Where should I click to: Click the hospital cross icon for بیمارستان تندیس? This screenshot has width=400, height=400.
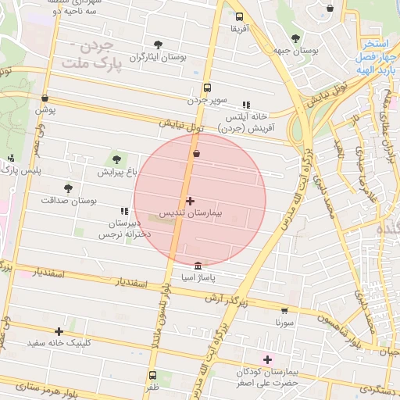click(190, 201)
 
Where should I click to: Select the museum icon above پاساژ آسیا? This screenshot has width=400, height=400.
click(197, 266)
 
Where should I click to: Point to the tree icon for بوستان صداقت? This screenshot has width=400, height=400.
click(68, 188)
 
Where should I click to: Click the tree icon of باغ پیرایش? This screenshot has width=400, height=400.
click(117, 159)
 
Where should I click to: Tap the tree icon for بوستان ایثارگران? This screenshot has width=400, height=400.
click(159, 45)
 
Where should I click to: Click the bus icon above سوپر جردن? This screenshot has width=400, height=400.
click(207, 87)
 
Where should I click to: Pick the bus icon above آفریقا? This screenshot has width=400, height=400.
click(239, 16)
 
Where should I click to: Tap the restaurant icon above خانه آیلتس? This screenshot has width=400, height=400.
click(246, 104)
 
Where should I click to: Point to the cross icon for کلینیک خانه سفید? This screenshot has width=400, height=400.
click(59, 331)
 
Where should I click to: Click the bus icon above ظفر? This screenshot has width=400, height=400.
click(152, 375)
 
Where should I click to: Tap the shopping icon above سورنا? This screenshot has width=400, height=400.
click(284, 309)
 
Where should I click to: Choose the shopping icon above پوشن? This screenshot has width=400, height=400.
click(45, 98)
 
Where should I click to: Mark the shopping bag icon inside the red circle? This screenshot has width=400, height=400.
click(196, 154)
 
